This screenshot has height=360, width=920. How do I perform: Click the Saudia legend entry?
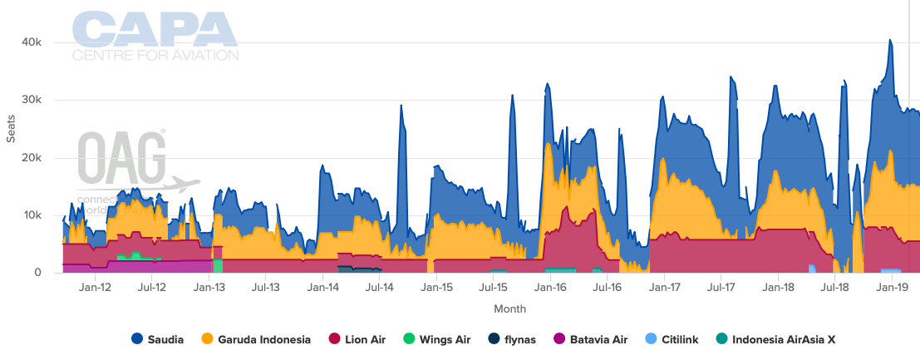[x=161, y=339]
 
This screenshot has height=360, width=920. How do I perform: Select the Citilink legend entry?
[x=674, y=339]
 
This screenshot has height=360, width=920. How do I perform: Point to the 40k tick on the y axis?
[x=32, y=42]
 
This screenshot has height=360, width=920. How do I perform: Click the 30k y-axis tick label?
[x=32, y=101]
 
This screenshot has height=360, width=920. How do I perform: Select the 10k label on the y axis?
[x=32, y=215]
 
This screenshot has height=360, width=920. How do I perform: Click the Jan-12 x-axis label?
[x=95, y=288]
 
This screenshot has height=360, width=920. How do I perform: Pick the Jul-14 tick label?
[x=379, y=288]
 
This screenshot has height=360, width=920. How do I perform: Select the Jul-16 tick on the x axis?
[x=608, y=288]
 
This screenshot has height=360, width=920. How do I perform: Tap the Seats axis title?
[x=11, y=150]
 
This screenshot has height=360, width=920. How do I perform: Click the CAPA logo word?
[x=155, y=29]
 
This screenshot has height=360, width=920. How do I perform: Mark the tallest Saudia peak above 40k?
[x=890, y=40]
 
